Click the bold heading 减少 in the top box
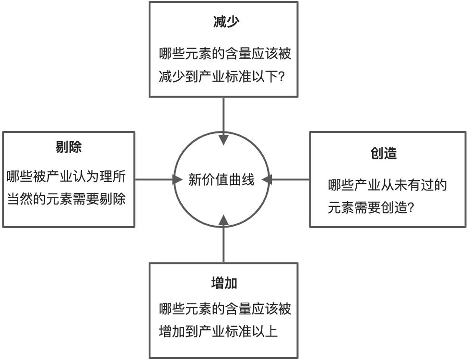tap(223, 23)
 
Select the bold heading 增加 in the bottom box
tap(223, 283)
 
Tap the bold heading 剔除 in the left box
tap(69, 147)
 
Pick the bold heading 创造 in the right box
tap(384, 154)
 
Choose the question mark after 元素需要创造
tap(410, 208)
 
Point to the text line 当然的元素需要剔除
tap(67, 199)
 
